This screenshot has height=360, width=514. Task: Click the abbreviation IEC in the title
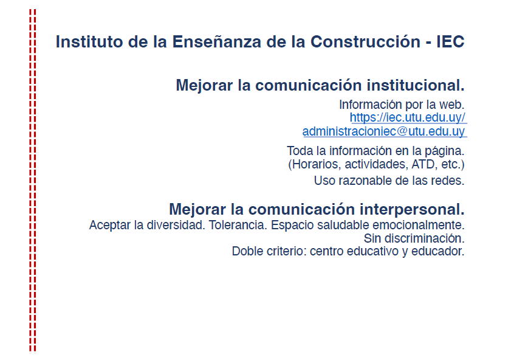click(x=450, y=42)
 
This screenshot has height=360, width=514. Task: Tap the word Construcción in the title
click(x=365, y=42)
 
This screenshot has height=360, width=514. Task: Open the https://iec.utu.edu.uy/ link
click(x=408, y=117)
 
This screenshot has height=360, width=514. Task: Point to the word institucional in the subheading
click(x=416, y=85)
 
